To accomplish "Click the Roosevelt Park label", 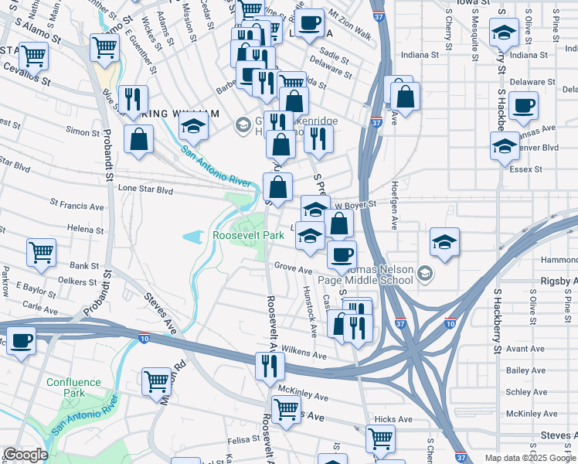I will [x=249, y=234].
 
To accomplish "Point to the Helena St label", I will [x=85, y=229].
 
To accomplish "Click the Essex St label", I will [x=527, y=169].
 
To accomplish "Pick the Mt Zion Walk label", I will [x=350, y=25].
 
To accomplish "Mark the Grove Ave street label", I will [x=293, y=268].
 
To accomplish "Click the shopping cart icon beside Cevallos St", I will [x=33, y=55].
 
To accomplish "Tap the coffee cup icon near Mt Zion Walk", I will [x=310, y=23].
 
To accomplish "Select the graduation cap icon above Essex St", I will [x=505, y=145].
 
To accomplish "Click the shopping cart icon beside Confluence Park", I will [x=156, y=380].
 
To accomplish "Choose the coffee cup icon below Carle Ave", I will [x=22, y=339].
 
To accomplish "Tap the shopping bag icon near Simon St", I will [x=138, y=139].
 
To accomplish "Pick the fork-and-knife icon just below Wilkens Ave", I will [x=269, y=364].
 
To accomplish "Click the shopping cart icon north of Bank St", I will [x=41, y=251].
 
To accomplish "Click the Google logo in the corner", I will [x=25, y=455].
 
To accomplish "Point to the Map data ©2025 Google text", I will [x=529, y=458].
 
